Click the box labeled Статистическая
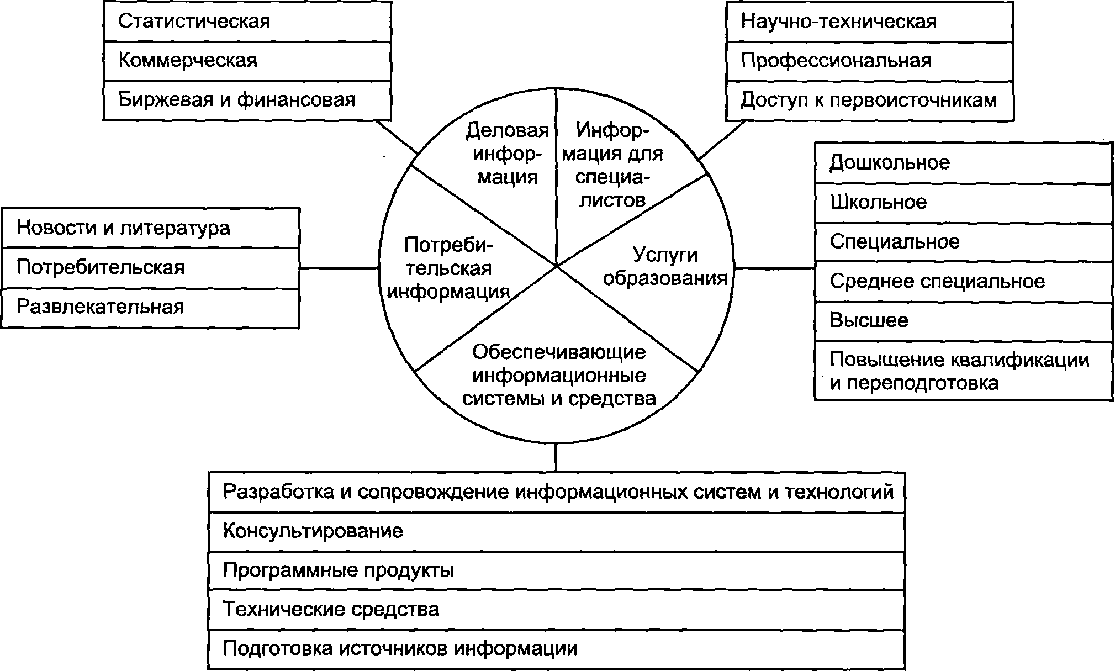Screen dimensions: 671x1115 [247, 22]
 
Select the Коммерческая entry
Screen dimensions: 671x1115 [247, 60]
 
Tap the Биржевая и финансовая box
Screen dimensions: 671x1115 [247, 100]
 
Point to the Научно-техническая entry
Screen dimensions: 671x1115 [869, 22]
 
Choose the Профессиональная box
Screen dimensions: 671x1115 [869, 60]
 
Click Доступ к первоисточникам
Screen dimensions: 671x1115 [869, 100]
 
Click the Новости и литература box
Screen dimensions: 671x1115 [151, 228]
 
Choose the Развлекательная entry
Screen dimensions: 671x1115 [151, 307]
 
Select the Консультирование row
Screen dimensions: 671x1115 [556, 531]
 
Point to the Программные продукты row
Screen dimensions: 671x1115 [556, 570]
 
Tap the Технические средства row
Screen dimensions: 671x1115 [556, 610]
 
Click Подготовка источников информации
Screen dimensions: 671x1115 [556, 649]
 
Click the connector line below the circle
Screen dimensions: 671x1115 [556, 457]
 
